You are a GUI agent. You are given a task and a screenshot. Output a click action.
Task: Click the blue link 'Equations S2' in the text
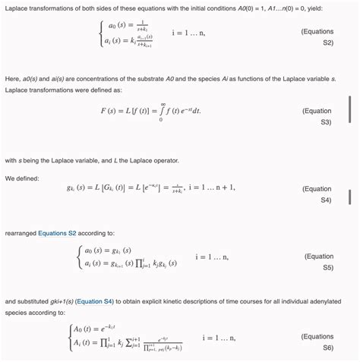[x=58, y=233]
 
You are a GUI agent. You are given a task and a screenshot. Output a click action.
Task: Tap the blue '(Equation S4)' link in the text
[x=95, y=301]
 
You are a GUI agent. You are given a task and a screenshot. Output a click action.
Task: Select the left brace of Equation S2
[x=100, y=34]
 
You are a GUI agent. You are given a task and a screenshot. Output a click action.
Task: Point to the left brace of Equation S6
[x=68, y=339]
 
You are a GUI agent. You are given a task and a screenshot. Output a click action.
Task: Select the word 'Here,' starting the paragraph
[x=13, y=78]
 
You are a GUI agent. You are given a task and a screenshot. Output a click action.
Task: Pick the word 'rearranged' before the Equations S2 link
[x=21, y=233]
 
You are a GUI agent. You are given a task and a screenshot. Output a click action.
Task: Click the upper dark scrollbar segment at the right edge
[x=349, y=112]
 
